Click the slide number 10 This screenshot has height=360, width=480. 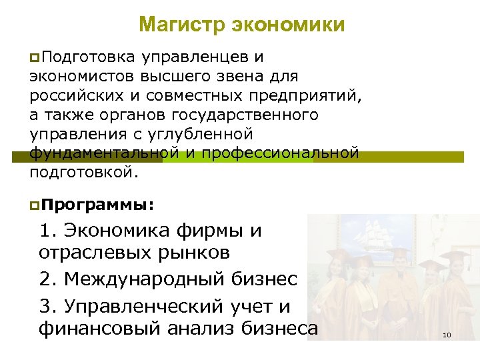[447, 335]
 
